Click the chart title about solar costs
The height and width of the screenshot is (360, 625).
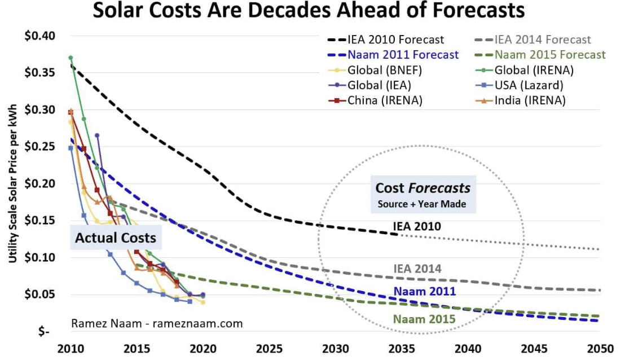pos(309,11)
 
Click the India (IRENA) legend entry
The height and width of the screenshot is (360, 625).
pos(530,100)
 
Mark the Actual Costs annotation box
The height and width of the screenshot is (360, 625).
pos(116,238)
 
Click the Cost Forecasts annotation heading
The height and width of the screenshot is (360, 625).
pos(423,188)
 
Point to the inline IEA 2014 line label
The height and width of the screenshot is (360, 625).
pos(417,269)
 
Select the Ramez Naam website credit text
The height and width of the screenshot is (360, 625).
pos(157,323)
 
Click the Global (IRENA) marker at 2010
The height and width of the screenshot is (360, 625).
pos(71,58)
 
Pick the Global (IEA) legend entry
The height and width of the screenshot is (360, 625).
pos(379,86)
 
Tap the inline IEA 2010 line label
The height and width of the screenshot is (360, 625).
pos(417,227)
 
